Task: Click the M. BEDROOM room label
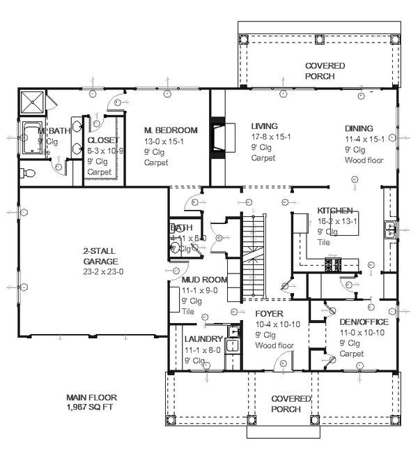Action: coord(171,130)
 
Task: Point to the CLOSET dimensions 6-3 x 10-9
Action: coord(104,150)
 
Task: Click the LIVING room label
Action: coord(264,126)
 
